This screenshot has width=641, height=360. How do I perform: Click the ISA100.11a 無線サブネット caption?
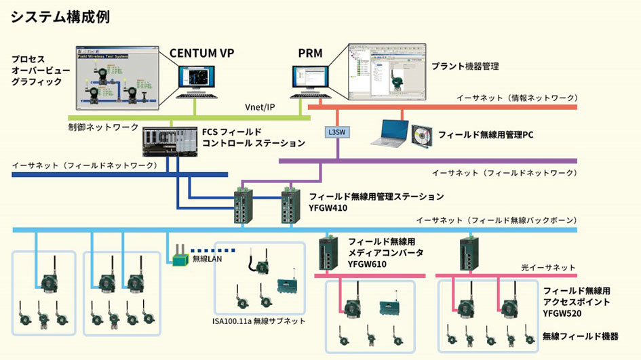259,321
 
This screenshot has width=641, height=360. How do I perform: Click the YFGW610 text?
366,264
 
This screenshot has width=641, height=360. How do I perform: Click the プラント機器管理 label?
465,66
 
